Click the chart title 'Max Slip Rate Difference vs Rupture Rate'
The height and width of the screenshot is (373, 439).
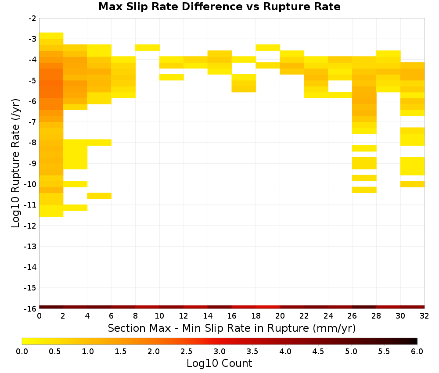219,7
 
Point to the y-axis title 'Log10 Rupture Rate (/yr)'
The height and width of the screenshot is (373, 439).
15,163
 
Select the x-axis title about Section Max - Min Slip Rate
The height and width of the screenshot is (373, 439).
231,328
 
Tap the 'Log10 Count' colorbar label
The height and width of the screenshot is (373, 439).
219,363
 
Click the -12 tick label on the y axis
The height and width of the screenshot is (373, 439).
30,226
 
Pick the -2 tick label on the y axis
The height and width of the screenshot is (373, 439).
32,18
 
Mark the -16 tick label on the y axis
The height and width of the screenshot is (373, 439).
30,308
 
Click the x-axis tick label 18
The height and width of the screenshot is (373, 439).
255,316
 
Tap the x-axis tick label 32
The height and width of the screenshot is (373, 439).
424,316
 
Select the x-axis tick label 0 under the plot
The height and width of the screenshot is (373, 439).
39,316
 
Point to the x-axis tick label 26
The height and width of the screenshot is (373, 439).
352,316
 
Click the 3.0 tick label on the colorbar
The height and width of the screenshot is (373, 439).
219,351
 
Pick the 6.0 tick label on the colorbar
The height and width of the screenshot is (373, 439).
417,351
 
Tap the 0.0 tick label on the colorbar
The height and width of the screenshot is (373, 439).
22,351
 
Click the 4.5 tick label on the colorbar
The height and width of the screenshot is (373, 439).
318,351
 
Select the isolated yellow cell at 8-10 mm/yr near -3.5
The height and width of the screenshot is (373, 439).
148,47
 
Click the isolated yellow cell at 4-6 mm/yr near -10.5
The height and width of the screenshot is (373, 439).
99,196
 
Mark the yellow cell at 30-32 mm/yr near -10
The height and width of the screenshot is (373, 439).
412,184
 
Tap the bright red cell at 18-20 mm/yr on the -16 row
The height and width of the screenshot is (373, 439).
268,307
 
